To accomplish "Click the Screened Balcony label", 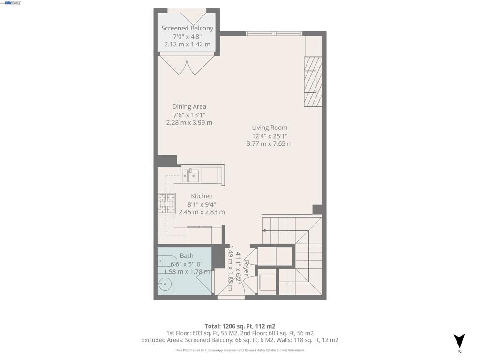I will tap(187, 28).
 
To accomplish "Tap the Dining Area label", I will tap(189, 106).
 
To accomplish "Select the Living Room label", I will tap(270, 127).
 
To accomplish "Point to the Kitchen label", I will tap(202, 196).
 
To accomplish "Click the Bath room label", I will tap(187, 255).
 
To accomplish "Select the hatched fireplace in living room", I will tap(313, 82).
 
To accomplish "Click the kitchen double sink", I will tap(191, 176).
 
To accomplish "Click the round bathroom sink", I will tap(164, 283).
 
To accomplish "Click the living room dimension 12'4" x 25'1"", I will tap(270, 136).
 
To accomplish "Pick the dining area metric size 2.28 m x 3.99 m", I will tap(189, 123).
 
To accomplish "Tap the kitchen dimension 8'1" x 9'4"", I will tap(202, 204).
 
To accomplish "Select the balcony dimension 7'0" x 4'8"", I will tap(187, 37).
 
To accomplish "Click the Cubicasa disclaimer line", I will tap(240, 350).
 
